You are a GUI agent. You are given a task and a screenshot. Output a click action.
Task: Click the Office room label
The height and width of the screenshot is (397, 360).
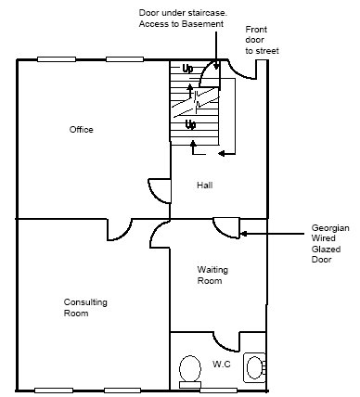[81, 129]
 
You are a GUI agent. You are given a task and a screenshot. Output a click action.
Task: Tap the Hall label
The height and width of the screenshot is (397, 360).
[205, 185]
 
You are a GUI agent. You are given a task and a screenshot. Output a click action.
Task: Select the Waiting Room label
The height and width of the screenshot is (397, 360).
[212, 275]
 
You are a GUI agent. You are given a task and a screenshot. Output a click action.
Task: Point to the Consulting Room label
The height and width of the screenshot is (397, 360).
[85, 308]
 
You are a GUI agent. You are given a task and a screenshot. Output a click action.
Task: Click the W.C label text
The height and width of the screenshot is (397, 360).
[222, 364]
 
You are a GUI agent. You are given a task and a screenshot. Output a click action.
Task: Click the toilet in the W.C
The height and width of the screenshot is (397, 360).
[190, 372]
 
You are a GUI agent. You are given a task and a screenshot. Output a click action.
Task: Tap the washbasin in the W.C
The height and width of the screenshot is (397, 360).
[255, 367]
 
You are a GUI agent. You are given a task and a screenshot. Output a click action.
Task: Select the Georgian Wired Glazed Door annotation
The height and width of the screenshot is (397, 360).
[330, 244]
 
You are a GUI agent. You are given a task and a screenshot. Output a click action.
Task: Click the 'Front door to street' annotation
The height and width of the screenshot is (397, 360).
[262, 40]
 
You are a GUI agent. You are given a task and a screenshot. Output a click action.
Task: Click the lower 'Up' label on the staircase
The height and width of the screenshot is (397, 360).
[190, 125]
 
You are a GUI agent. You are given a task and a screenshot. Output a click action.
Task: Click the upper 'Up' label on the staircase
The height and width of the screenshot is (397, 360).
[187, 69]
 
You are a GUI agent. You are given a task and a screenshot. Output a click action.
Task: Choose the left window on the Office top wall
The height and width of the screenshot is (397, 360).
[57, 59]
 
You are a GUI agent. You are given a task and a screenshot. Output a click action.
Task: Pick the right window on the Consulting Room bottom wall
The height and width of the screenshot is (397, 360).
[122, 391]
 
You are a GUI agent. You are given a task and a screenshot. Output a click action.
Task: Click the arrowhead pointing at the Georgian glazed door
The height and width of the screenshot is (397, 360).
[243, 234]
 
